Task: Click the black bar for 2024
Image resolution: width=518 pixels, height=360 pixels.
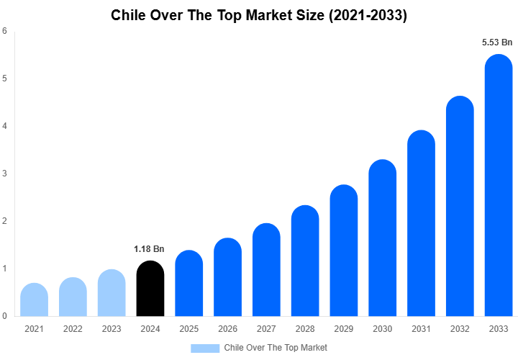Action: (150, 289)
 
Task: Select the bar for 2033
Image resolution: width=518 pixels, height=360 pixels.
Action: (499, 187)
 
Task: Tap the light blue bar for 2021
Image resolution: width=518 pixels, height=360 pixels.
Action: (34, 300)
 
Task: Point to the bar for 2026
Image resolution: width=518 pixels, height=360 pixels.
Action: (227, 278)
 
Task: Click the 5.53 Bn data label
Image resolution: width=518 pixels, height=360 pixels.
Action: (497, 43)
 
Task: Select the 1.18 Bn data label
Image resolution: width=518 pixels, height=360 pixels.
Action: (149, 249)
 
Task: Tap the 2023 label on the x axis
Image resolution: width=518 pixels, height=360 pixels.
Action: (111, 329)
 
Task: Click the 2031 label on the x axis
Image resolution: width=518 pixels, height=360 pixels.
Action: (421, 329)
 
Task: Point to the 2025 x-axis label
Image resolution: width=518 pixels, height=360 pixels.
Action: (188, 329)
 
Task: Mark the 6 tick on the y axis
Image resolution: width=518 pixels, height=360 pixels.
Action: (5, 31)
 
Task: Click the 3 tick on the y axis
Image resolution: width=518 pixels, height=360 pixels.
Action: (5, 174)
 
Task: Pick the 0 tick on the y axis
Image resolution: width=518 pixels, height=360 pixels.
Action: (5, 316)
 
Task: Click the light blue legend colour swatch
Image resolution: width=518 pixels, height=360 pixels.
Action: (205, 348)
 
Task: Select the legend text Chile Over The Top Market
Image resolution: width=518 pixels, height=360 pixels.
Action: (276, 348)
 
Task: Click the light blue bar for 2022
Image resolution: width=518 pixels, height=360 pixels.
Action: (73, 297)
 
